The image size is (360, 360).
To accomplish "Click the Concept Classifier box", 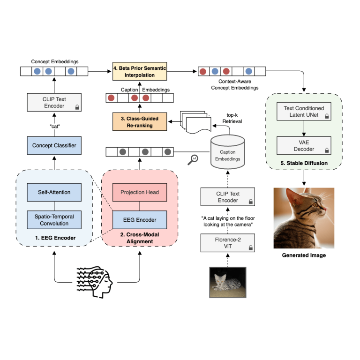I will pos(54,145).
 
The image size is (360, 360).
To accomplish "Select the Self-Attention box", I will pos(54,192).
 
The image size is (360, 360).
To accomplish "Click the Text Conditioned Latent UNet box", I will pos(304,112).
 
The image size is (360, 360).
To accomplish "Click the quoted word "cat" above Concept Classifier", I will pos(54,126).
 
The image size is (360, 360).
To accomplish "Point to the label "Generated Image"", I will pos(304,255).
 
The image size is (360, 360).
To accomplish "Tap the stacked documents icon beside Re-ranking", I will pos(193,122).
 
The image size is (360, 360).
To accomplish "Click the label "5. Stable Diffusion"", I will pos(304,164).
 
